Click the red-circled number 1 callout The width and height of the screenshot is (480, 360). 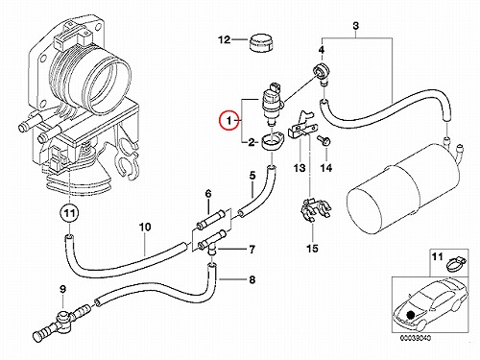click(x=228, y=120)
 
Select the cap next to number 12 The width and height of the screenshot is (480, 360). click(x=261, y=42)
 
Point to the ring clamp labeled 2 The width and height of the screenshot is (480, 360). click(x=272, y=143)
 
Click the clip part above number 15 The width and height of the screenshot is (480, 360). click(x=315, y=210)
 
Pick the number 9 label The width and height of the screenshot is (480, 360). click(x=62, y=289)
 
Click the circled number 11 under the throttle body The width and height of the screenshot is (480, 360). click(x=69, y=213)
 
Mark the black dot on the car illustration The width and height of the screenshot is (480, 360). click(x=409, y=315)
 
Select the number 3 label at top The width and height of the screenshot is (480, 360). click(x=355, y=26)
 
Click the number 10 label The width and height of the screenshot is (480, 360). click(x=145, y=228)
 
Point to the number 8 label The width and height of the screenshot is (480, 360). click(x=252, y=280)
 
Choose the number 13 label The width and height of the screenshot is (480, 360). click(x=300, y=168)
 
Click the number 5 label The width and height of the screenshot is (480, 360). click(x=252, y=176)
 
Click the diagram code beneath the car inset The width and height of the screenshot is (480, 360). click(x=416, y=338)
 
